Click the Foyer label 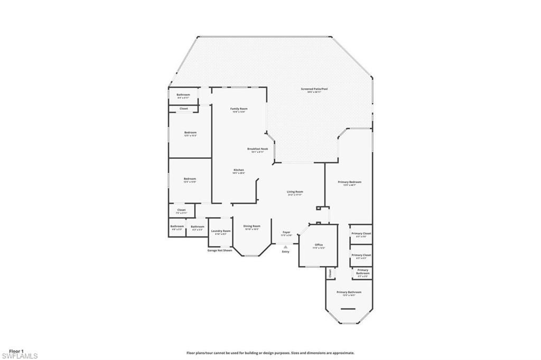click(286, 233)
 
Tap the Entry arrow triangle click(286, 247)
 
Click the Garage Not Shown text click(219, 250)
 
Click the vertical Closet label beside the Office click(330, 273)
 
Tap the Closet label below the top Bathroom click(184, 109)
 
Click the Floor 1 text click(16, 350)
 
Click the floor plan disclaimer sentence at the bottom click(270, 353)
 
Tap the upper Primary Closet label click(361, 234)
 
